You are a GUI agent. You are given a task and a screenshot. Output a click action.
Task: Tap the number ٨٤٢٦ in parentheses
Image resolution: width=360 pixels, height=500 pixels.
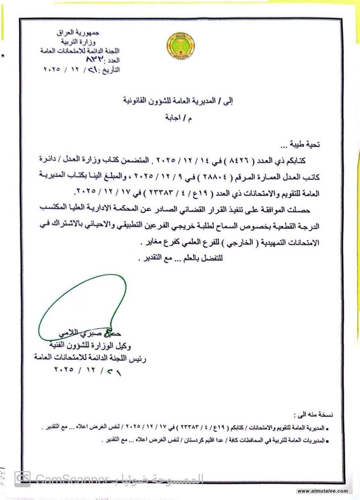[x=250, y=160]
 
